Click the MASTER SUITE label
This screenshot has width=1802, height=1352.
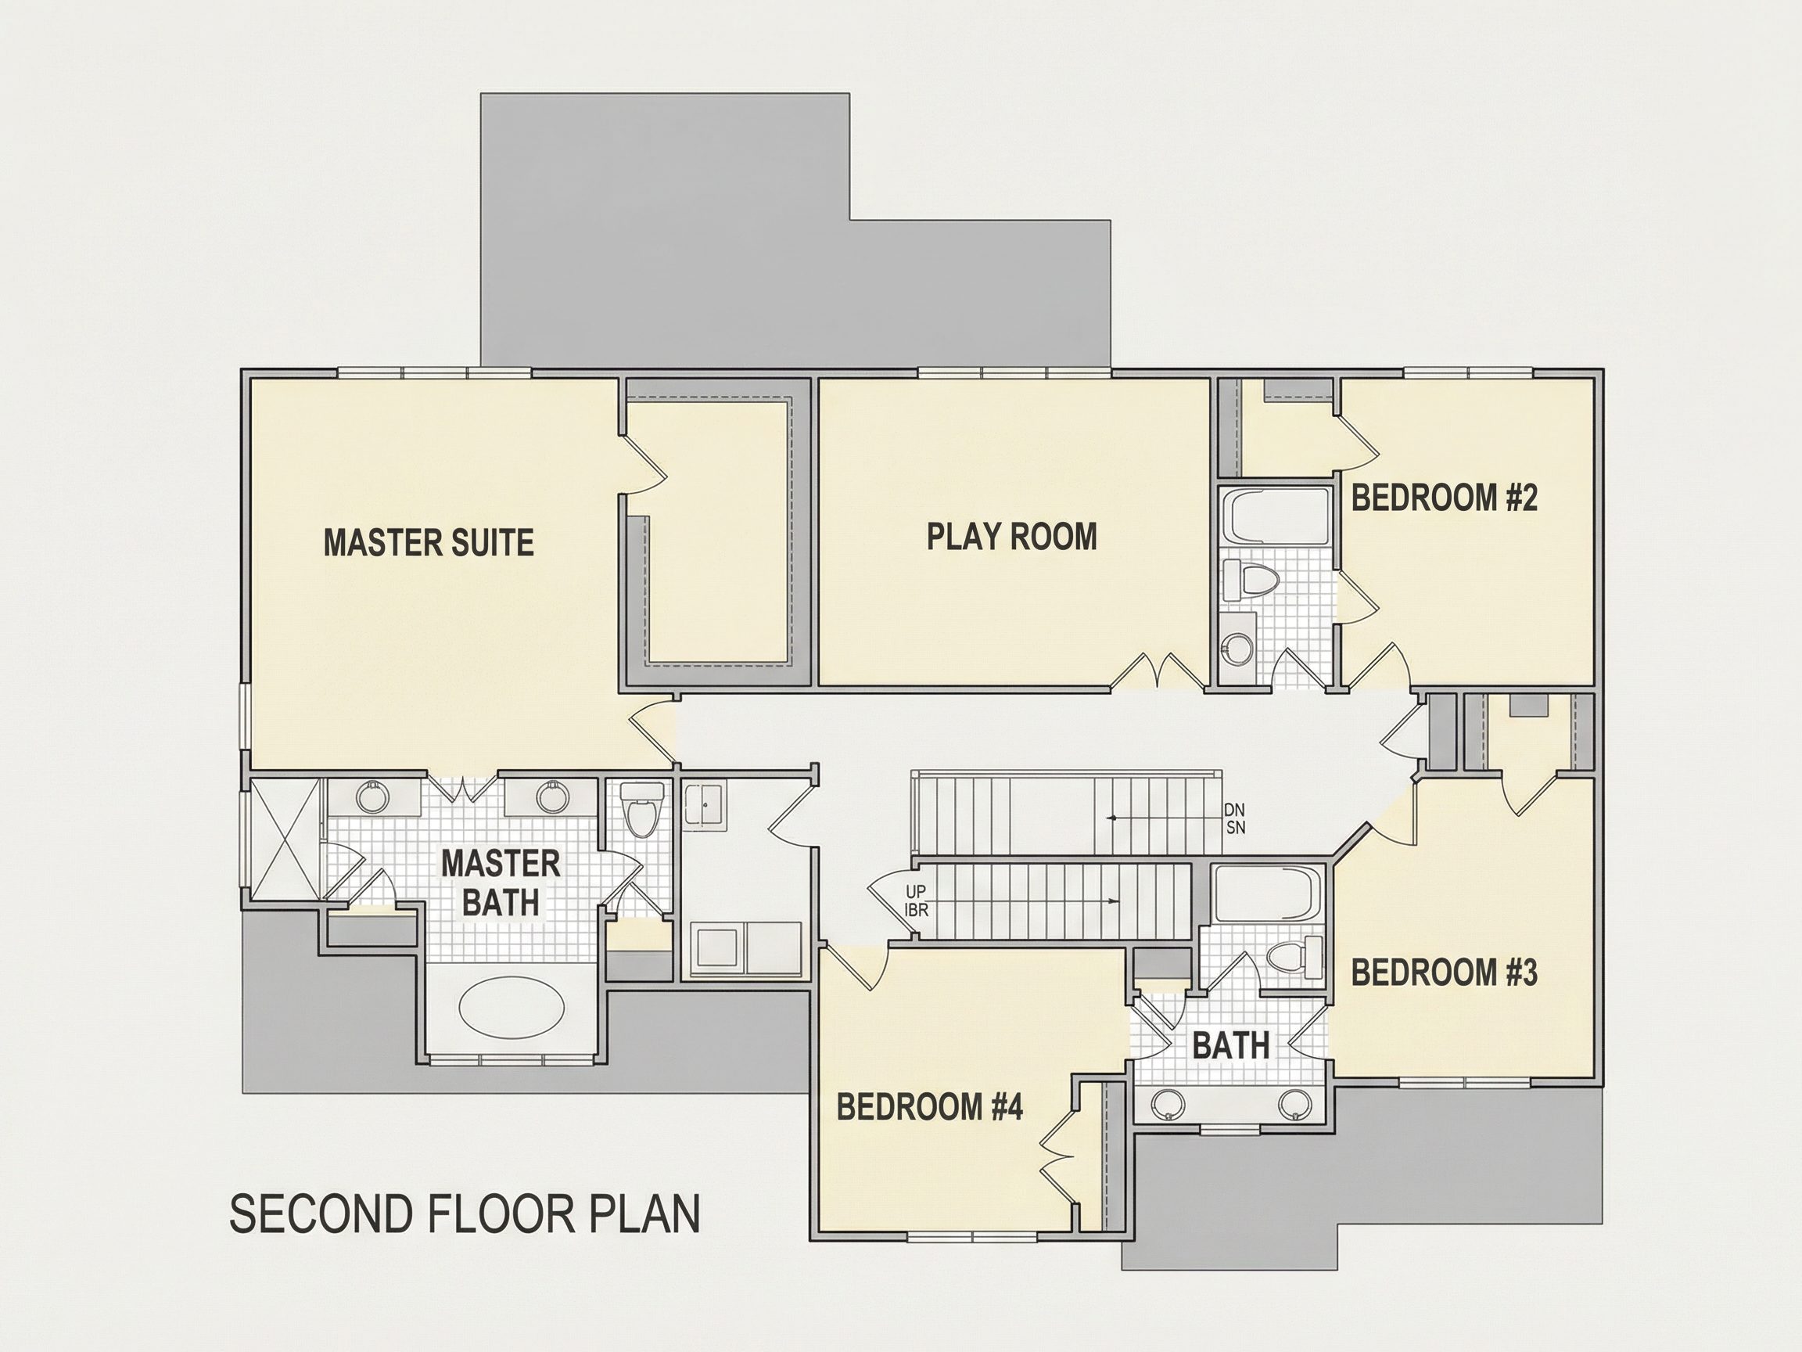click(429, 543)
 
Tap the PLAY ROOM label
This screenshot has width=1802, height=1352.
click(1012, 536)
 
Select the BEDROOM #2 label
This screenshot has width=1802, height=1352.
click(1445, 497)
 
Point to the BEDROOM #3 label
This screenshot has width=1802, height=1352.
click(1445, 973)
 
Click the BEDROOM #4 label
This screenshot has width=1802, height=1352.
click(929, 1106)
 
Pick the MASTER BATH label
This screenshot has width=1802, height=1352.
click(501, 883)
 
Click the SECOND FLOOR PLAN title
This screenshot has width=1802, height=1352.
click(465, 1214)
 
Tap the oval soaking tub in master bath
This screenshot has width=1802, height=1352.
click(512, 1007)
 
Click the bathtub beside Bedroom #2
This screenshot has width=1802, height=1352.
click(1276, 516)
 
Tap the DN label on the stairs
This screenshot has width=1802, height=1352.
click(1234, 810)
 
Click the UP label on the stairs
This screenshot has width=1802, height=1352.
click(916, 892)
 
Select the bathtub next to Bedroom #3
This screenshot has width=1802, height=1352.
click(1267, 894)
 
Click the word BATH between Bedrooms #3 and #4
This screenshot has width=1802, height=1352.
click(1231, 1045)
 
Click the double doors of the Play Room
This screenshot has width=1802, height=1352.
click(1158, 671)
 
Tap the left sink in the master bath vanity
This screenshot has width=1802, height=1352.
click(374, 798)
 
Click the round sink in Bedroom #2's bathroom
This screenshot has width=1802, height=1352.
click(1238, 650)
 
